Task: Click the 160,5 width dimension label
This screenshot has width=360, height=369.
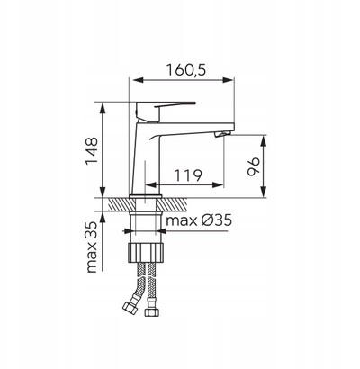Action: click(x=186, y=70)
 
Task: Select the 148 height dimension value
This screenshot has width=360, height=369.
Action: click(x=92, y=151)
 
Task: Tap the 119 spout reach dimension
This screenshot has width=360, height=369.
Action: click(x=188, y=175)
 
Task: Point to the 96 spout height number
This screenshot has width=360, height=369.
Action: click(x=254, y=166)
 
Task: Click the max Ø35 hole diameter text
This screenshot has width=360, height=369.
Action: click(x=199, y=220)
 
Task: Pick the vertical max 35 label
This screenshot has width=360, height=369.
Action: click(x=92, y=247)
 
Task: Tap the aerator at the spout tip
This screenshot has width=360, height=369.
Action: click(x=222, y=134)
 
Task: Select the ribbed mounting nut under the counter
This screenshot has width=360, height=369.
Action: click(x=147, y=253)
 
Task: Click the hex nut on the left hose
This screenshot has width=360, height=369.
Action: click(x=129, y=308)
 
